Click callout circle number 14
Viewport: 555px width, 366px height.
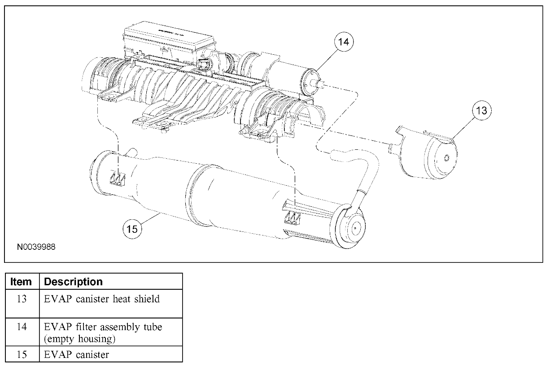343,42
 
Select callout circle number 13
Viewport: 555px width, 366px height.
481,110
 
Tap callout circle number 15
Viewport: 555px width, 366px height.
132,229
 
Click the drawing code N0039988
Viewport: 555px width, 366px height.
37,247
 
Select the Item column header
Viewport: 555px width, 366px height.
22,282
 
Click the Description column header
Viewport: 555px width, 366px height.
74,282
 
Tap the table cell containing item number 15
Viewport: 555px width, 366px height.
22,354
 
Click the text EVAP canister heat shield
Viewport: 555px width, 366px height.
102,299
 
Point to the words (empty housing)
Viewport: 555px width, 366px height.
80,339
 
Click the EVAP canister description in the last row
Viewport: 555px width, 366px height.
77,354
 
